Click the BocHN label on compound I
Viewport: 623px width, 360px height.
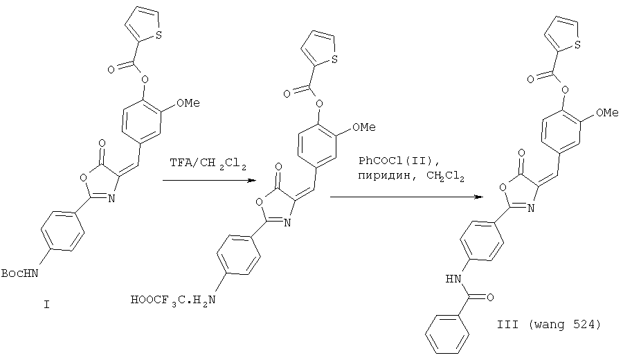coord(20,273)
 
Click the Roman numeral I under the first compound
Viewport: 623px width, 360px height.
coord(46,305)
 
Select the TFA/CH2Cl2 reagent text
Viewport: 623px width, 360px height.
coord(208,163)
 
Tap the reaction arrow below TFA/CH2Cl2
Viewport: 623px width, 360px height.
coord(208,181)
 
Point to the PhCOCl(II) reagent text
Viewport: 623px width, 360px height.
coord(399,161)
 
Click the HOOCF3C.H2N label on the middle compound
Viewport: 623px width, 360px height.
coord(173,300)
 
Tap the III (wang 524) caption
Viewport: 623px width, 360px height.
coord(549,325)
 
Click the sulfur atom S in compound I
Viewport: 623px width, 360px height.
coord(159,36)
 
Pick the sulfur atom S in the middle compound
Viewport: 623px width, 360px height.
coord(334,60)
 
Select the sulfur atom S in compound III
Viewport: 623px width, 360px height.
coord(577,45)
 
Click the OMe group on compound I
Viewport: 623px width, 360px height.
coord(188,103)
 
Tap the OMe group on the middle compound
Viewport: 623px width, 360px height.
coord(364,127)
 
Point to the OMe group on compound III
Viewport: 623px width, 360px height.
coord(607,113)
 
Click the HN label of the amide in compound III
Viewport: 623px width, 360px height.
coord(453,278)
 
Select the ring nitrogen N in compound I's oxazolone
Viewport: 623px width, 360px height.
coord(111,199)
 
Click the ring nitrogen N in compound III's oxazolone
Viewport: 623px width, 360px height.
coord(530,208)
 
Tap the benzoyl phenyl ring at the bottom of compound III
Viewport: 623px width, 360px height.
coord(447,334)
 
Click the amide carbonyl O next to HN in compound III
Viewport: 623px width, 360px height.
coord(490,297)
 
